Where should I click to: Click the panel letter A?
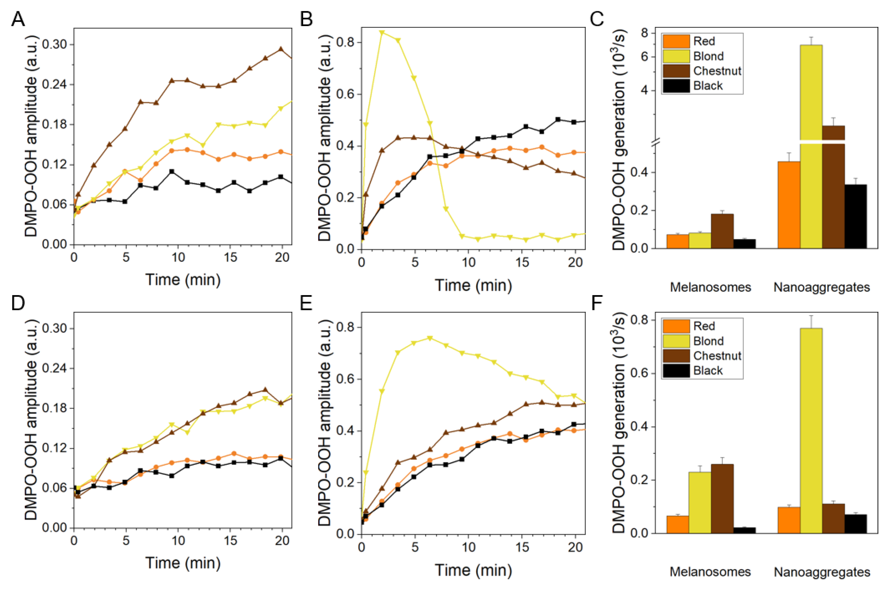(x=18, y=19)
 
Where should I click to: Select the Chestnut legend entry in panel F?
(x=717, y=356)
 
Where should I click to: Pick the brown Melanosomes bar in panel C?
(x=722, y=231)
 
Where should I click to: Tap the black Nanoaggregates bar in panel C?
(x=855, y=216)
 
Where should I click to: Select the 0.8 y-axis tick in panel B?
(x=345, y=42)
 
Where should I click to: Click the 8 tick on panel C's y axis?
(x=645, y=33)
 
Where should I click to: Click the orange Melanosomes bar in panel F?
(x=678, y=524)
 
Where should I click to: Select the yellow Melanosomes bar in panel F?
(x=700, y=502)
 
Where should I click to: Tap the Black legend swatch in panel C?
(x=676, y=86)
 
